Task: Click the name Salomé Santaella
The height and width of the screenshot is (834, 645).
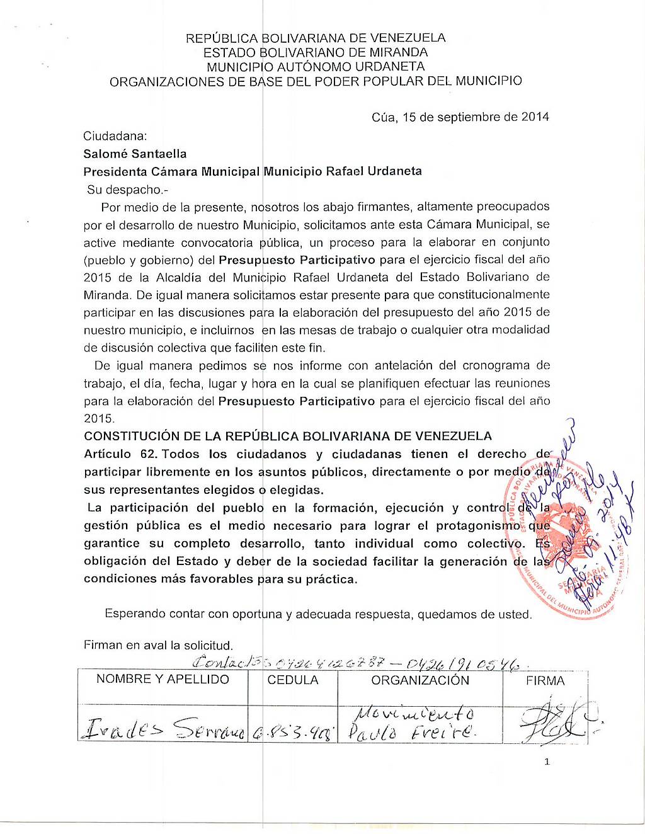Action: (x=135, y=154)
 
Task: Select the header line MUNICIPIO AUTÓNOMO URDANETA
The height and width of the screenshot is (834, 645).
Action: (x=316, y=67)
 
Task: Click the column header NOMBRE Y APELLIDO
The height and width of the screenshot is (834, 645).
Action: (x=163, y=679)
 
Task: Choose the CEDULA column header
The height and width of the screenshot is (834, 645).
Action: (x=293, y=680)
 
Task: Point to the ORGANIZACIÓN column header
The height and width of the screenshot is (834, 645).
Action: (x=420, y=680)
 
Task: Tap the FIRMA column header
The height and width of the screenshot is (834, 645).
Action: (x=545, y=681)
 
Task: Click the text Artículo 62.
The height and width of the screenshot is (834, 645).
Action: (x=120, y=454)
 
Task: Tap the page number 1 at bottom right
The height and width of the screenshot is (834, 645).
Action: (x=547, y=762)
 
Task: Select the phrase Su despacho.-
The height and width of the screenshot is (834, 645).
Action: (x=128, y=190)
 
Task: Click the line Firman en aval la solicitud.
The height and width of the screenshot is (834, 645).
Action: (x=158, y=645)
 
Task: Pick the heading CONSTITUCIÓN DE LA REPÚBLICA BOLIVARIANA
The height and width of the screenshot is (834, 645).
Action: (x=288, y=436)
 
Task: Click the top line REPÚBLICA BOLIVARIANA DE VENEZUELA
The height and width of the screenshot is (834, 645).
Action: (x=316, y=38)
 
